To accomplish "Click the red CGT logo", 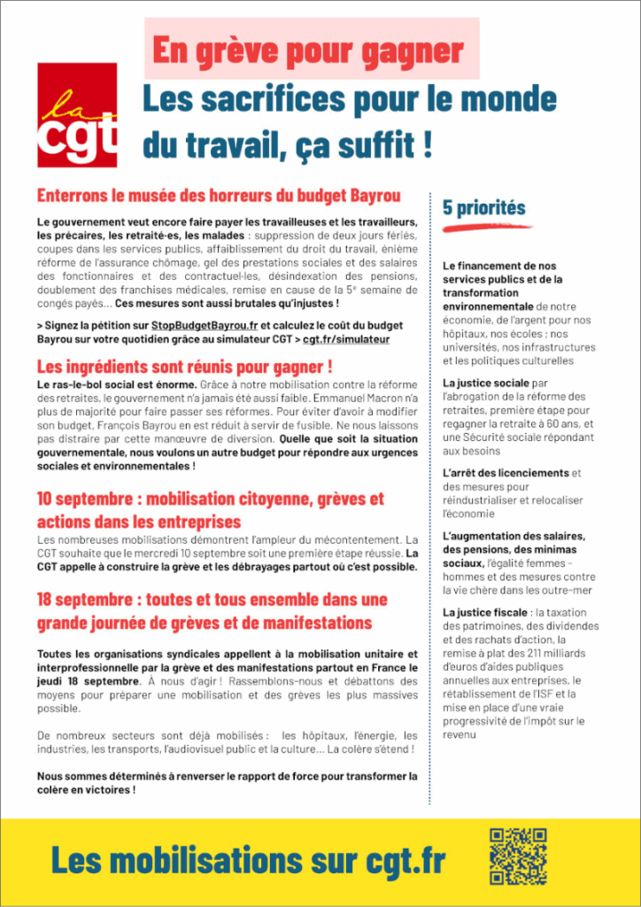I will [77, 115].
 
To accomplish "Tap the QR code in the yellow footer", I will [518, 857].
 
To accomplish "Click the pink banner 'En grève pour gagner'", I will [311, 49].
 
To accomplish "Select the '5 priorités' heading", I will [484, 208].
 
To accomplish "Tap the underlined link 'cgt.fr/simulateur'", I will [346, 339].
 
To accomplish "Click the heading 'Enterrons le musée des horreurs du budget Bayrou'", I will [219, 196].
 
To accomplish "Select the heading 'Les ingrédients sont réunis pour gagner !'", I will [185, 367].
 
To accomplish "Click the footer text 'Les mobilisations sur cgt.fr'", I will [248, 859].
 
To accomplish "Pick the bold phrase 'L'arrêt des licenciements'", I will [506, 473].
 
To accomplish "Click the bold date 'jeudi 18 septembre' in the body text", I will [88, 681].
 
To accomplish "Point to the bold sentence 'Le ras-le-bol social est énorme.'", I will [117, 384].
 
